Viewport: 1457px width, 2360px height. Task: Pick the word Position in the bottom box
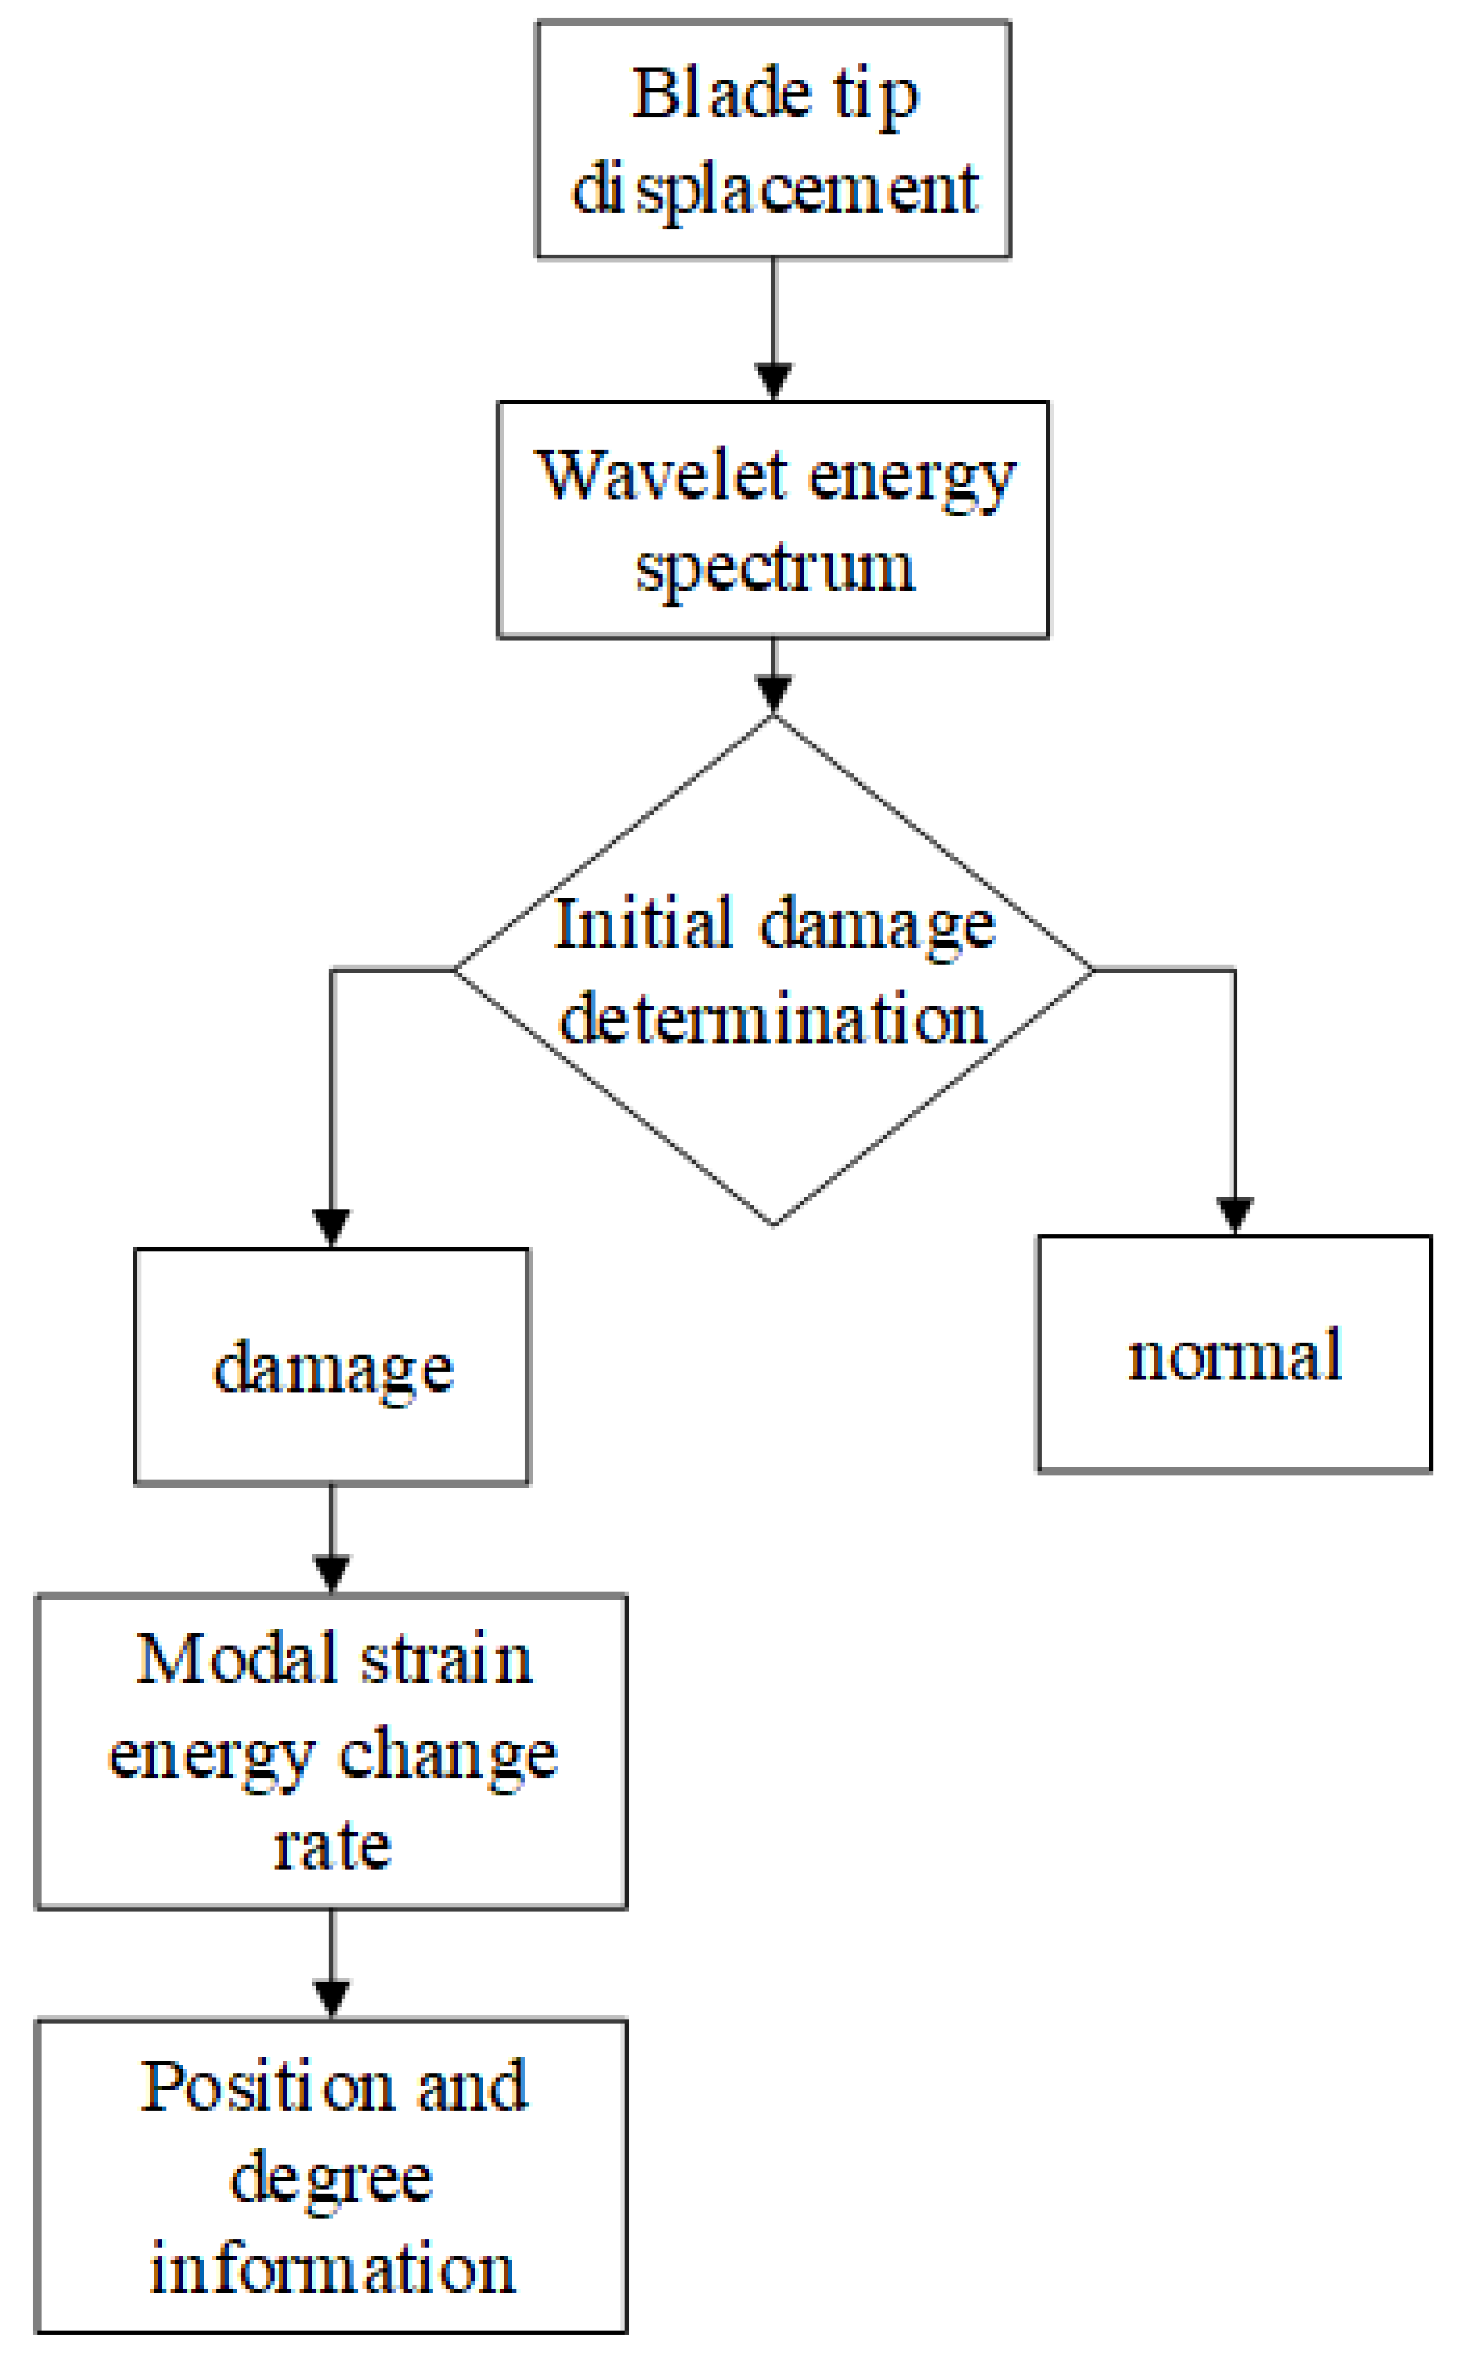click(x=265, y=2087)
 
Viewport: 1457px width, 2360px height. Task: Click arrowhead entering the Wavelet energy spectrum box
click(x=773, y=380)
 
